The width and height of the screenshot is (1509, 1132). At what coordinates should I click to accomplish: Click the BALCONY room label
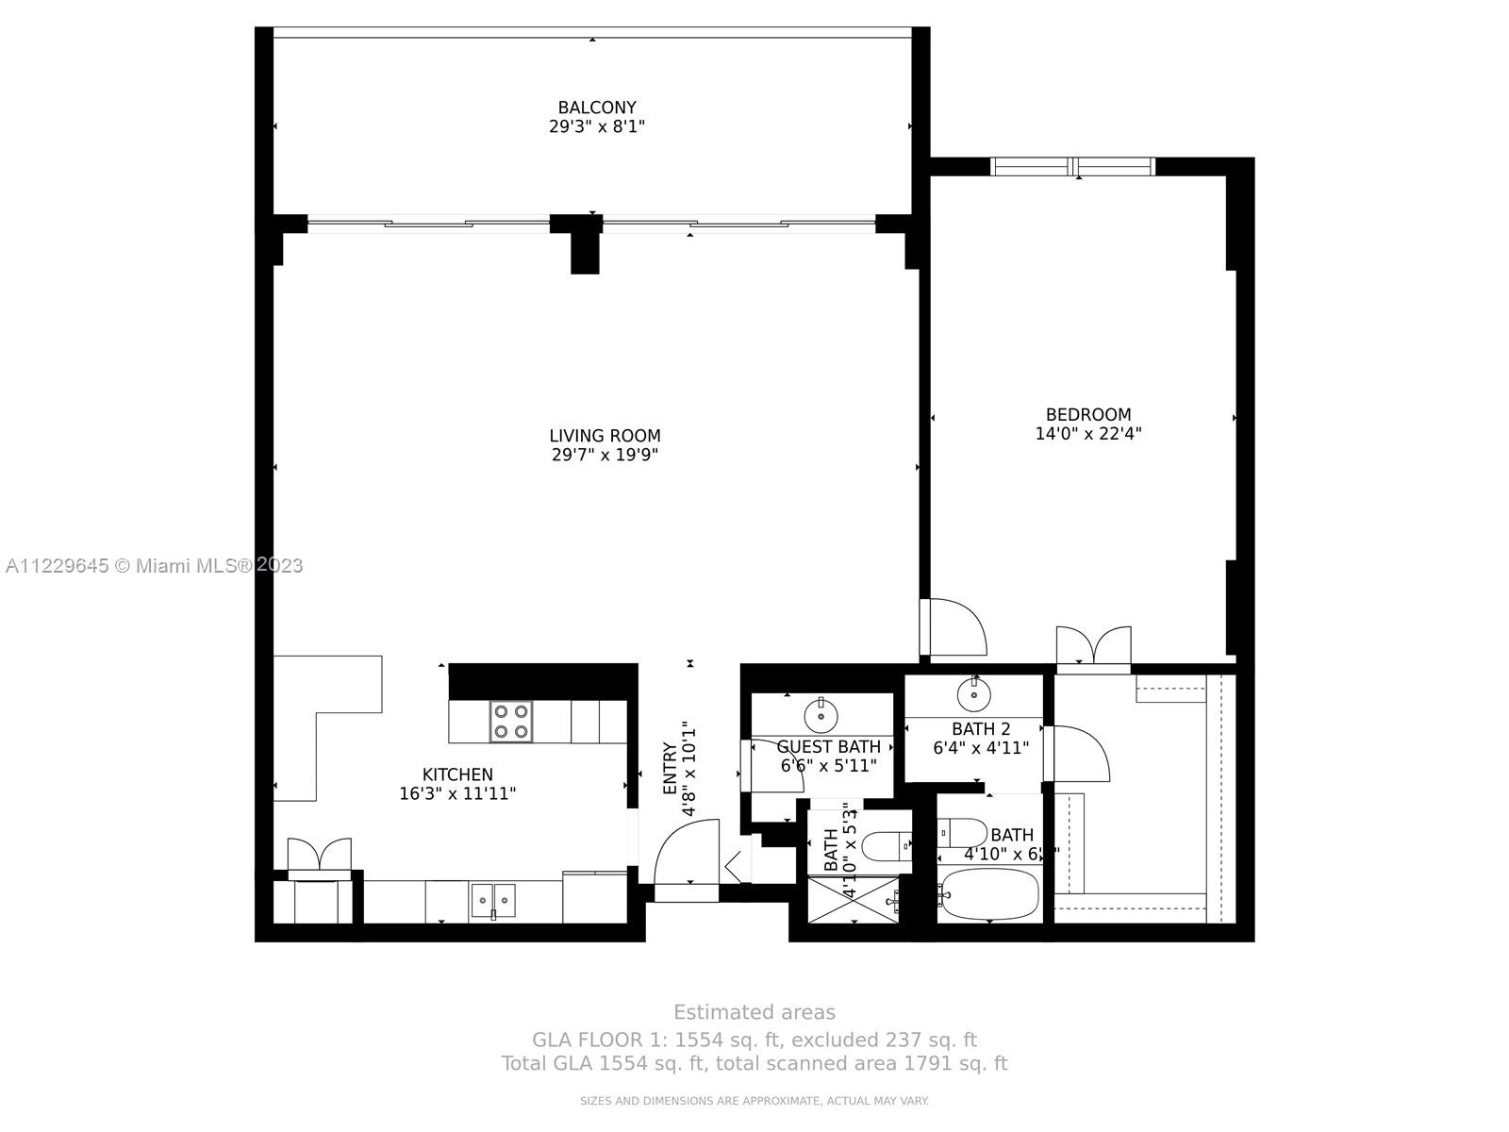[596, 108]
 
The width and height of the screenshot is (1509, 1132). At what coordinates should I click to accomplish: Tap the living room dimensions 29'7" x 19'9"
[605, 455]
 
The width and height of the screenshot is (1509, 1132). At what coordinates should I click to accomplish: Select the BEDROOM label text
[1087, 414]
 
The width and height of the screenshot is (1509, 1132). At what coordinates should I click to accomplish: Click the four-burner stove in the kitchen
[510, 722]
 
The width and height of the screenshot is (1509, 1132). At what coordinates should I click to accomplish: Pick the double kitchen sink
[493, 900]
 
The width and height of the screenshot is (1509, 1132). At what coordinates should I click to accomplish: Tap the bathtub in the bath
[989, 892]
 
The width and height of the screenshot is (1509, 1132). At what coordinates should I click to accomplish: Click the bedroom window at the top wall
[1072, 167]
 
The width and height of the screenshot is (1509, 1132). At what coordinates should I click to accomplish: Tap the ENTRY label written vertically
[670, 769]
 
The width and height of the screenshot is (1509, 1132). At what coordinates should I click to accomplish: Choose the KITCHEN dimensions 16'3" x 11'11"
[457, 794]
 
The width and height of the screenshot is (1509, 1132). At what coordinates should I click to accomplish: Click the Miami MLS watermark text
[154, 566]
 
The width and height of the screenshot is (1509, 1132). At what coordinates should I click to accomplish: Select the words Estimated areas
[754, 1012]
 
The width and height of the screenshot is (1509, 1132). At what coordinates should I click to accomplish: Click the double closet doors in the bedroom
[1093, 646]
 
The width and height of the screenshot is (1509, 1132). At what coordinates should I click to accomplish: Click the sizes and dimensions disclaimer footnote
[754, 1101]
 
